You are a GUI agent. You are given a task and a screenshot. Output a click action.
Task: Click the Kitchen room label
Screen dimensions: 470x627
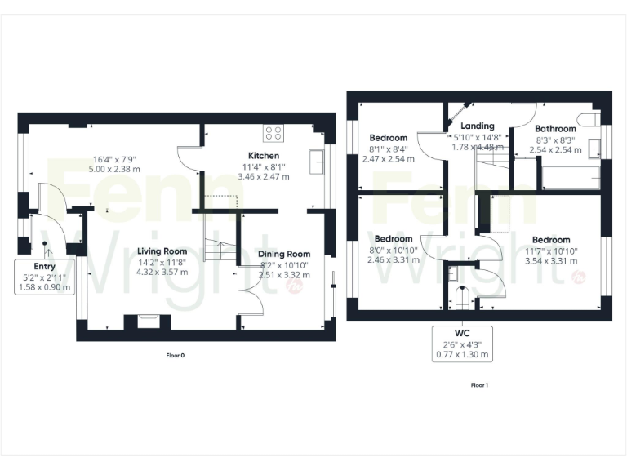(264, 155)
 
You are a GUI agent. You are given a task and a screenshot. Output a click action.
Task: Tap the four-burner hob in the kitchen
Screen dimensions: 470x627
(273, 134)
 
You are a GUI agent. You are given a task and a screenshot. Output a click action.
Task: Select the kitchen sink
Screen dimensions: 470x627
(315, 162)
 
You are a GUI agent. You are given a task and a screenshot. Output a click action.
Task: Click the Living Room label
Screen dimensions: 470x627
(162, 251)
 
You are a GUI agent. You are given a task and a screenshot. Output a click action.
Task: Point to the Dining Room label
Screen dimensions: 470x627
(284, 254)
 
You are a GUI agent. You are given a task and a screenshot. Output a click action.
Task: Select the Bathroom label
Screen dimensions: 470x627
(555, 128)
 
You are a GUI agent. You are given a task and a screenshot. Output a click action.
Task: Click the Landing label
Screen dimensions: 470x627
(478, 126)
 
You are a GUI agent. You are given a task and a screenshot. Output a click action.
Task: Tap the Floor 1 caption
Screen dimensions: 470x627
(479, 384)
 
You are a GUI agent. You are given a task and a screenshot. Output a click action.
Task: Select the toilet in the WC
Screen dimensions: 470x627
(461, 297)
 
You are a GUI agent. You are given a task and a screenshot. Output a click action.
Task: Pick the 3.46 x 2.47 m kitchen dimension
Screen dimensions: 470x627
(264, 176)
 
